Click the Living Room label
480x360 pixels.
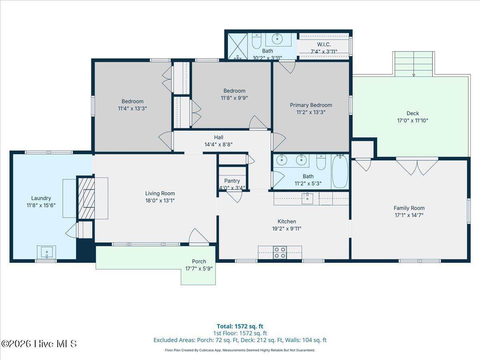(160, 194)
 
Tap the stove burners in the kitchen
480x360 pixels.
(280, 252)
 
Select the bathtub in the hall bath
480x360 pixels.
(340, 171)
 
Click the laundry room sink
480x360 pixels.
(46, 252)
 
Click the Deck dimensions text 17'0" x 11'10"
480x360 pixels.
(413, 120)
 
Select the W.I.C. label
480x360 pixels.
(324, 44)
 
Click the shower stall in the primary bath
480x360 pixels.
(238, 46)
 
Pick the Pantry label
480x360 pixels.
(232, 181)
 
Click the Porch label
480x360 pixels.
(199, 262)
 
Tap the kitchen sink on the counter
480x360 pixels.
(307, 198)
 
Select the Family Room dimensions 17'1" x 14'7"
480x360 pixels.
(409, 215)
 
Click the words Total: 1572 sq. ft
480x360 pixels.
(240, 326)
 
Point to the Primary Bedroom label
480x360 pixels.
(311, 105)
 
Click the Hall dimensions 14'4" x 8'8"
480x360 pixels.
(219, 144)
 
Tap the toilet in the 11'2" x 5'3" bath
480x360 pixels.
(321, 162)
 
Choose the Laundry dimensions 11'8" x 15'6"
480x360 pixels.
(41, 205)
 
